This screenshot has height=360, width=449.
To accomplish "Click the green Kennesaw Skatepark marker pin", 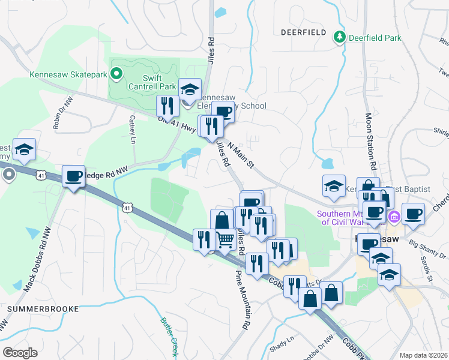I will pos(117,75).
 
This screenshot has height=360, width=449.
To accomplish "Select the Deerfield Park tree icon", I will pos(340,37).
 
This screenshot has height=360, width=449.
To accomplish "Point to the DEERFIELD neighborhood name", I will pos(303,32).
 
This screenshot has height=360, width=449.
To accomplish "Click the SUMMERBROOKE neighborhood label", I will pos(43,308).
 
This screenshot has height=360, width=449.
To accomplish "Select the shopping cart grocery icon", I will pos(225,239).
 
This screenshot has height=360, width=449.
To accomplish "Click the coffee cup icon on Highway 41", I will pos(73,176).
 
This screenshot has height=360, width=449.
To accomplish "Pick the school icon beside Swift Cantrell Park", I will pos(190,89).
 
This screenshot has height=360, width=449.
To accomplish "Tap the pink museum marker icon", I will pos(394,216).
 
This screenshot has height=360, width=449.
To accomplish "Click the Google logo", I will pos(20,352).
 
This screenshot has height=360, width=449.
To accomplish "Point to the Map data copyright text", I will pos(423,355).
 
